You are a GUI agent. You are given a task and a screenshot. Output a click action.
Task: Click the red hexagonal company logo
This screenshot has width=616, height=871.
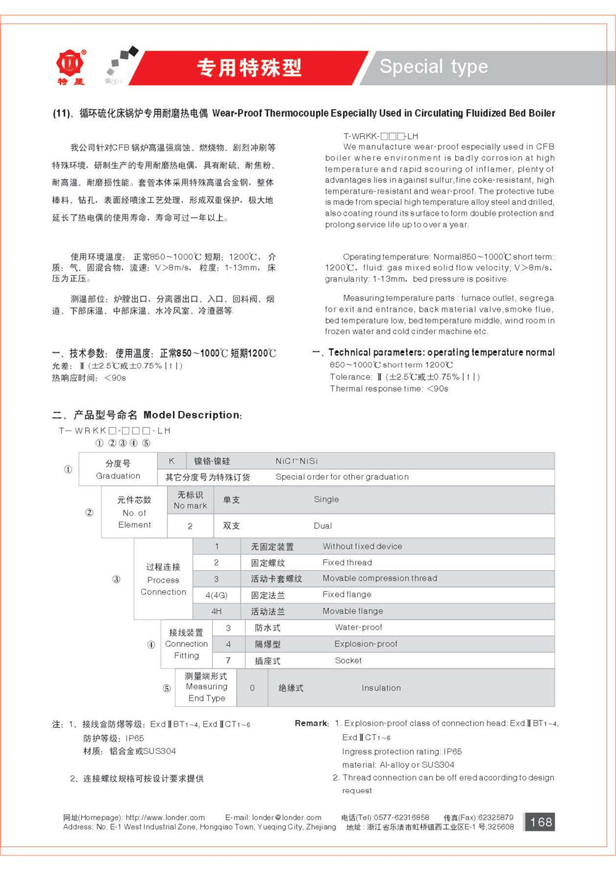click(x=70, y=62)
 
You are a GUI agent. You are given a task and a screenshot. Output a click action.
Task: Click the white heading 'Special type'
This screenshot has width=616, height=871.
click(x=434, y=67)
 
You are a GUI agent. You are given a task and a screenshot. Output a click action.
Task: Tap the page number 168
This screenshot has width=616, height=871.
click(x=540, y=822)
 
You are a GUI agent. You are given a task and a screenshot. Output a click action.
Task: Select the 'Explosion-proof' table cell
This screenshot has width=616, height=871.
click(x=366, y=644)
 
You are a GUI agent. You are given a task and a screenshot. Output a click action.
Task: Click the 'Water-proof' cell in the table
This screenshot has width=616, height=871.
click(x=359, y=627)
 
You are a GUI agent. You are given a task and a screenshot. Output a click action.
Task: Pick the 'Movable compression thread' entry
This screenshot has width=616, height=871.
click(x=379, y=578)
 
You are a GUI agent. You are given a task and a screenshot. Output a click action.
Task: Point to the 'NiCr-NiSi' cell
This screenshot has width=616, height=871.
click(x=296, y=461)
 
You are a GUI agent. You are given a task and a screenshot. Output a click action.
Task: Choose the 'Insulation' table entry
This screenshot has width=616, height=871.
click(x=381, y=688)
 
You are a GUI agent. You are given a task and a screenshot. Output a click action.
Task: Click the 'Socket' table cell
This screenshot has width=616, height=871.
click(x=348, y=660)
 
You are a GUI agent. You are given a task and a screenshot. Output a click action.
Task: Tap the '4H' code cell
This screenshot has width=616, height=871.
click(x=216, y=611)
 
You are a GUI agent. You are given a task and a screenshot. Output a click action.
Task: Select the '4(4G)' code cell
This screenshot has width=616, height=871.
click(x=216, y=595)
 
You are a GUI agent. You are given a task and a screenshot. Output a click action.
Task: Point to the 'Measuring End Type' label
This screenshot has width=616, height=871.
click(x=206, y=687)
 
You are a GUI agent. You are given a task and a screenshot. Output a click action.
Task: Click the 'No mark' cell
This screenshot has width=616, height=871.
click(x=190, y=500)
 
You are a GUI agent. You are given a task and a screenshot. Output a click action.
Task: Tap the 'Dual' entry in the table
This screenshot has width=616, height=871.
click(x=323, y=525)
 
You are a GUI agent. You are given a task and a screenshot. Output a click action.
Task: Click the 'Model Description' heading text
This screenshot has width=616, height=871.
click(x=192, y=415)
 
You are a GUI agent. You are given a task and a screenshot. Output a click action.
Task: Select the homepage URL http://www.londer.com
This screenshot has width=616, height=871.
click(x=165, y=817)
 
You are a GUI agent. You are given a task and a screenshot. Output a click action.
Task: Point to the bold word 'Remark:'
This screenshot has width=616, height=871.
click(x=312, y=723)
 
